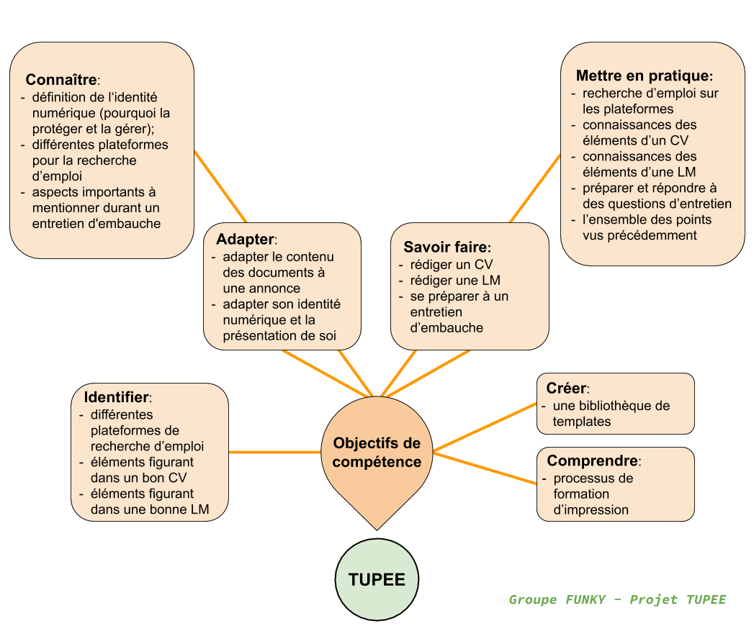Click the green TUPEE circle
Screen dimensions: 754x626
pos(377,579)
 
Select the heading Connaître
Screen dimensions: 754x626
pos(61,79)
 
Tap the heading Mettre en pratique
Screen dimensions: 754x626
pos(643,76)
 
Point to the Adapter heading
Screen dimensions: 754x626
pos(246,239)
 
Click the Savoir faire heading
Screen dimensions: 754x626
pos(446,247)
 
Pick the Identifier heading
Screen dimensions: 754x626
pos(117,397)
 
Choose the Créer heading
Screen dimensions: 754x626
pos(566,388)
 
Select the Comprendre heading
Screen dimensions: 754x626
pos(593,461)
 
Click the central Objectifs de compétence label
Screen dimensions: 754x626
pos(377,452)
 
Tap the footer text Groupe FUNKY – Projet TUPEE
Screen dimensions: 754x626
pos(617,599)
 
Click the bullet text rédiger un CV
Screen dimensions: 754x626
pos(452,265)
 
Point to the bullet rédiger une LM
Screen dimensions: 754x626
pos(455,281)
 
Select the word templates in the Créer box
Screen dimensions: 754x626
pos(582,422)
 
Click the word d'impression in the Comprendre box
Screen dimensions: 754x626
pos(591,509)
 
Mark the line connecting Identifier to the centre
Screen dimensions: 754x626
pos(274,452)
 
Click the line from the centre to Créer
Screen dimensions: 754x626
pos(485,427)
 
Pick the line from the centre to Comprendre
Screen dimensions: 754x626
pos(485,468)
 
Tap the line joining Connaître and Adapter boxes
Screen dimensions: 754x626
pos(220,187)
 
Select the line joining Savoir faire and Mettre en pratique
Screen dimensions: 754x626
pos(535,189)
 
